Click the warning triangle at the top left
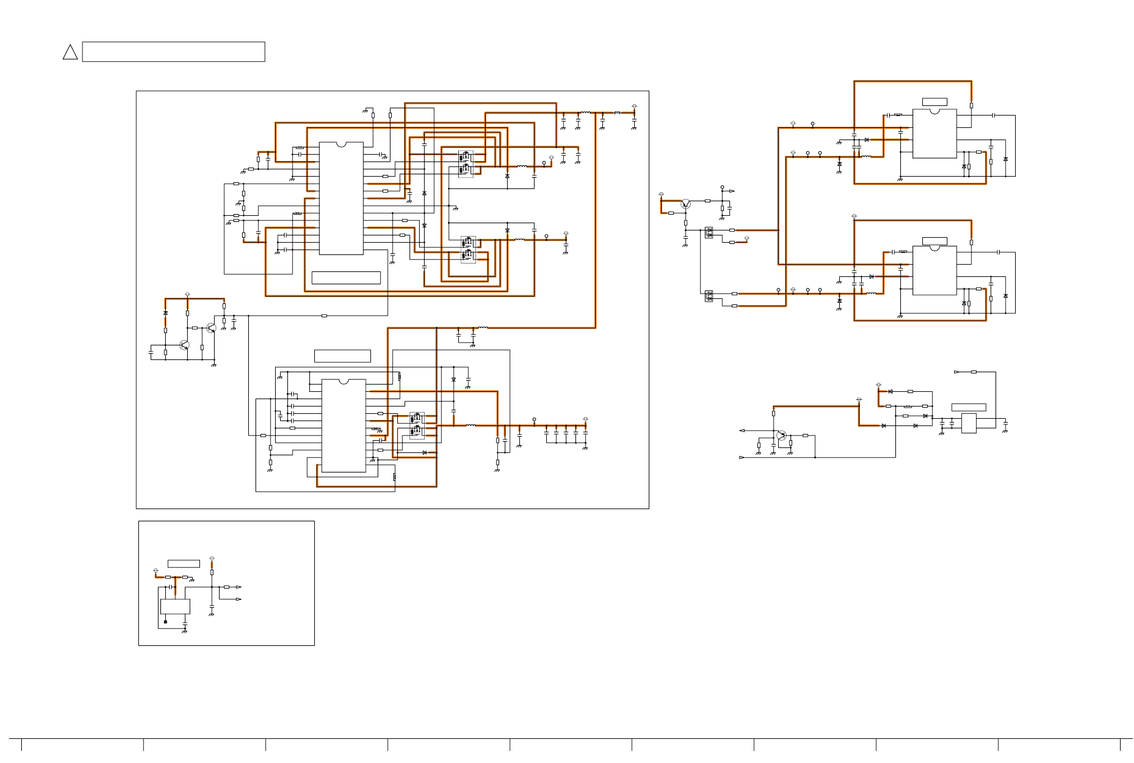tap(70, 53)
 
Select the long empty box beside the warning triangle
tap(173, 52)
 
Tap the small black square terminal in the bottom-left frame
tap(165, 622)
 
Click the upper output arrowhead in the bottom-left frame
tap(239, 587)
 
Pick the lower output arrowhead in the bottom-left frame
tap(239, 599)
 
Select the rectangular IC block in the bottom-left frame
tap(175, 607)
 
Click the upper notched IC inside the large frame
tap(341, 198)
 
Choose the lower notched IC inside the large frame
tap(343, 426)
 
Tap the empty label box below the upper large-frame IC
tap(346, 278)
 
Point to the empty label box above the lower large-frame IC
tap(342, 356)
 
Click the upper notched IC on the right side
tap(934, 133)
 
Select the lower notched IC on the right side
tap(934, 270)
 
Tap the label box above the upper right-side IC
tap(935, 102)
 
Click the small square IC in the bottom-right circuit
tap(969, 423)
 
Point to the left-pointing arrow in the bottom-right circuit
tap(742, 431)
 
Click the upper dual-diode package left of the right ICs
tap(709, 232)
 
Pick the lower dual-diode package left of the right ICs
tap(709, 296)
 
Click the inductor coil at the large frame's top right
tap(585, 113)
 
